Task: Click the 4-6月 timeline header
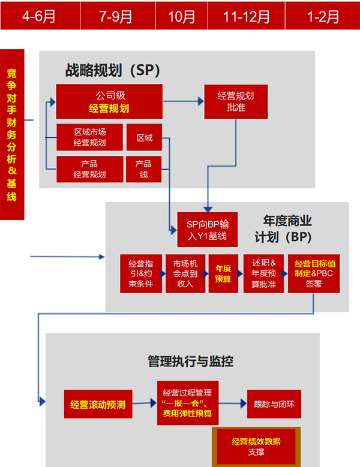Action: (x=39, y=16)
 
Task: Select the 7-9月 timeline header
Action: (x=116, y=16)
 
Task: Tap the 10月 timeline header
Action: (x=182, y=16)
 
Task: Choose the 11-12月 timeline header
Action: (x=247, y=16)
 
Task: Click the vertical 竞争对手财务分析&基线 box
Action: (x=12, y=134)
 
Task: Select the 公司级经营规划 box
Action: (x=109, y=101)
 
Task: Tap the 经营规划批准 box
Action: (x=227, y=101)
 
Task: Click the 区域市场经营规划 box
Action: (x=89, y=137)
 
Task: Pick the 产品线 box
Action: (x=143, y=169)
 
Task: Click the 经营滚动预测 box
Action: (x=98, y=404)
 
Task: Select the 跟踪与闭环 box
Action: (x=274, y=404)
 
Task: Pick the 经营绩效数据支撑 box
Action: (x=256, y=446)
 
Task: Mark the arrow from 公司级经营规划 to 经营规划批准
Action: (x=183, y=101)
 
